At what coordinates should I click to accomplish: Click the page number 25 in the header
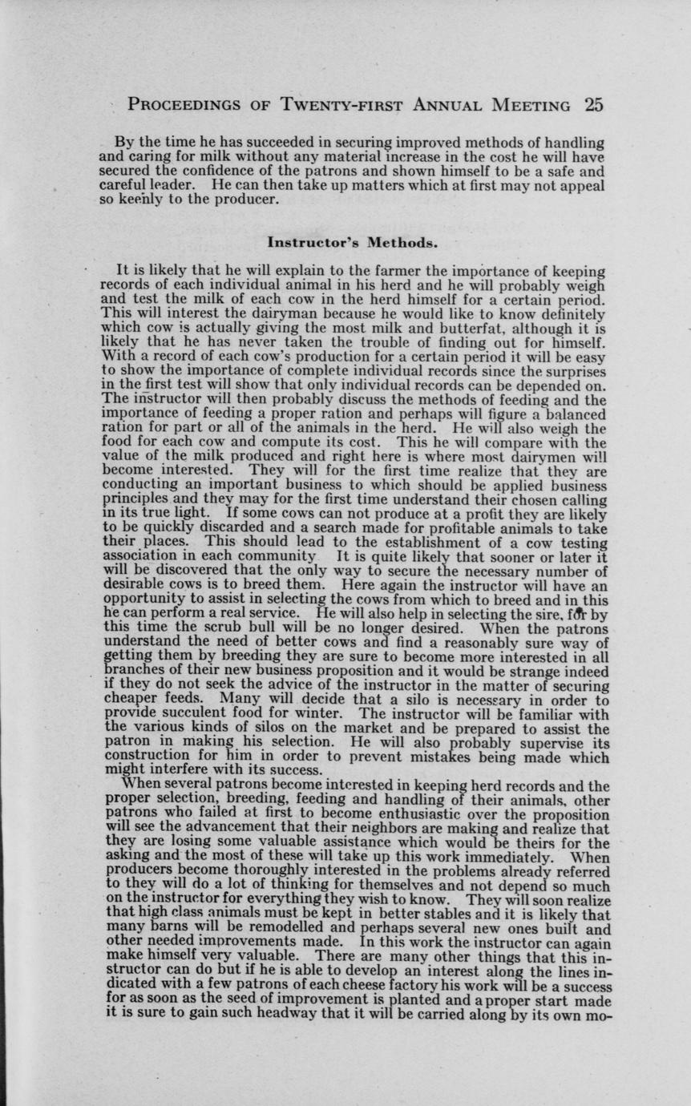(593, 105)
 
